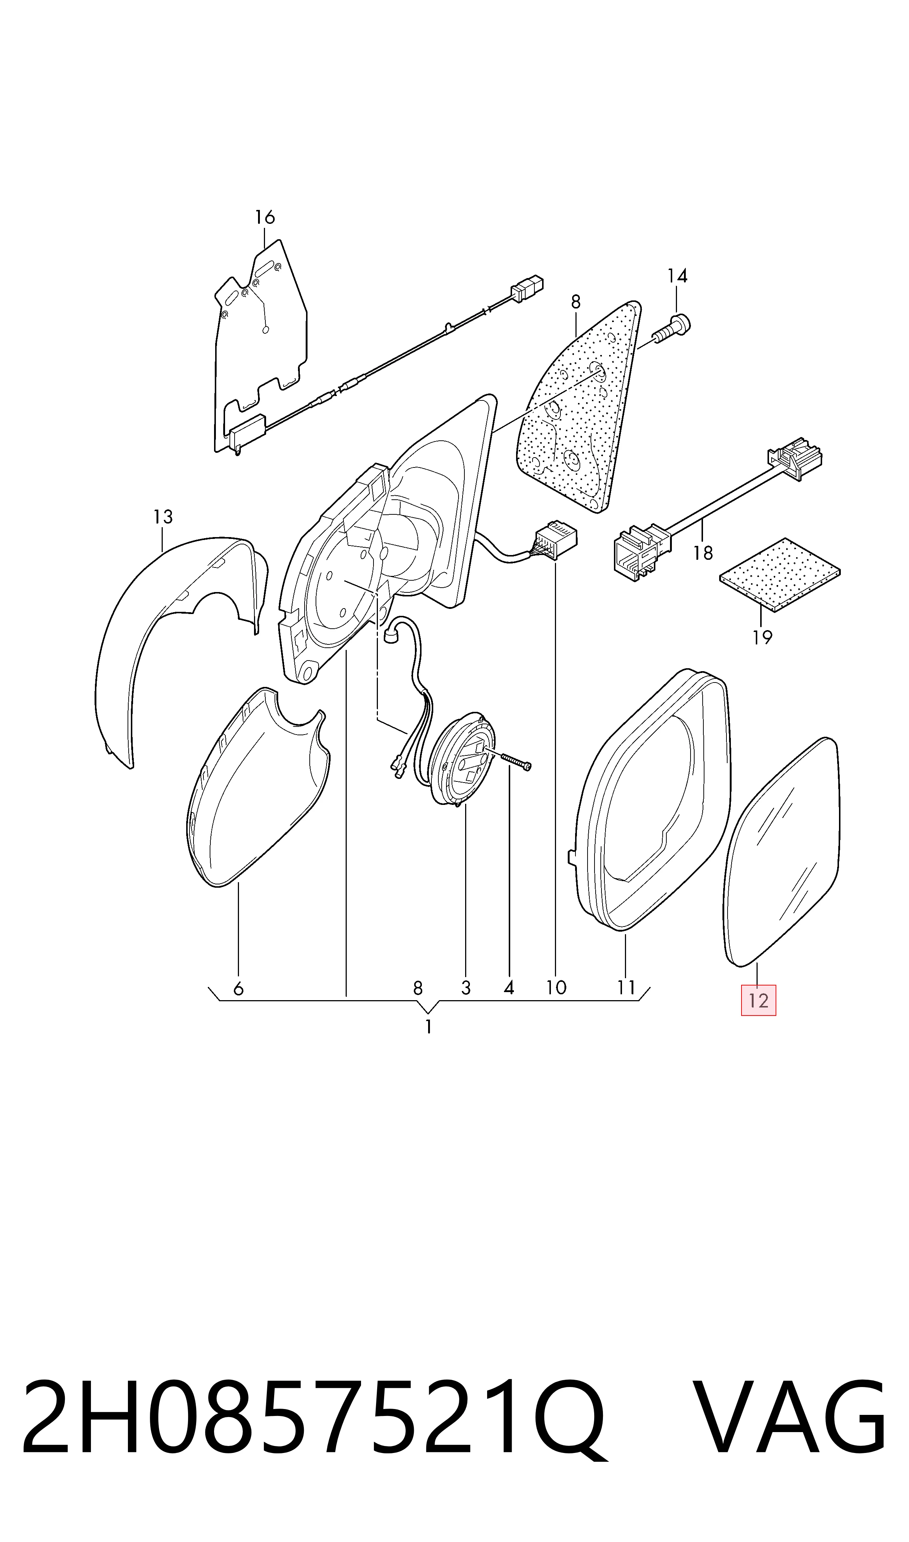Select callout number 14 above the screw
(677, 276)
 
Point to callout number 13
(163, 517)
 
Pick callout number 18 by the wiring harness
(703, 553)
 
